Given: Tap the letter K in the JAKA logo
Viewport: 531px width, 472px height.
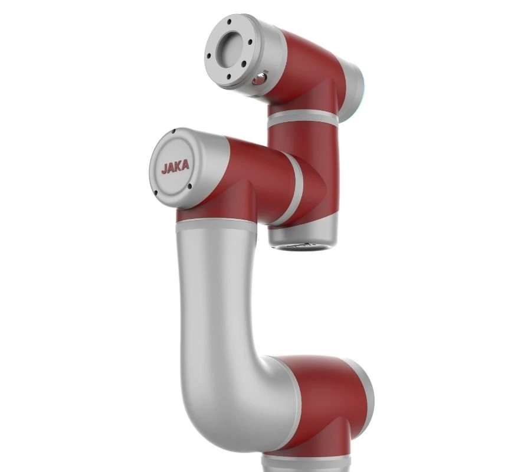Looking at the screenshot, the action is pyautogui.click(x=178, y=166).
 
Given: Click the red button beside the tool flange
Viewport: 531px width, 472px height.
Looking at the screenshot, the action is pyautogui.click(x=260, y=80).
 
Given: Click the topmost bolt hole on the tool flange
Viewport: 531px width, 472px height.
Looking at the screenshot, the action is pyautogui.click(x=230, y=21).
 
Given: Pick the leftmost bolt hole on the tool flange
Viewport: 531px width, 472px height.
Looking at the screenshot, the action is pyautogui.click(x=209, y=57).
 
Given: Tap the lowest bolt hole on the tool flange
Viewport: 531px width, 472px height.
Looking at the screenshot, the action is pyautogui.click(x=229, y=76).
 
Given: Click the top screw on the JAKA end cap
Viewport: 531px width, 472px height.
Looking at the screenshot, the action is pyautogui.click(x=173, y=132).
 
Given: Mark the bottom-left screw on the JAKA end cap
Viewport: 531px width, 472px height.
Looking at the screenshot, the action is pyautogui.click(x=156, y=194).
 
